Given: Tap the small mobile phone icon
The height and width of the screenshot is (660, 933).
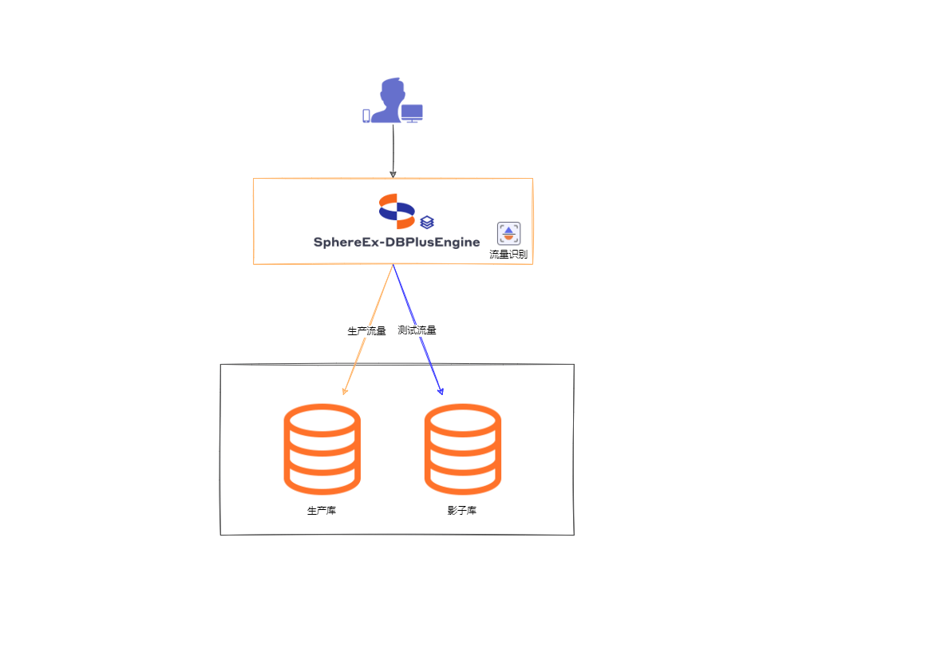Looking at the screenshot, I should (366, 116).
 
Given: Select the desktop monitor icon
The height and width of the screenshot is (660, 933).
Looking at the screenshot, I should (412, 113).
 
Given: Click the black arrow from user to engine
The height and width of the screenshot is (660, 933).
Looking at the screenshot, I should (393, 152).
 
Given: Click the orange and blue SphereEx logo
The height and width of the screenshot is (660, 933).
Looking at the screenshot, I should (397, 211).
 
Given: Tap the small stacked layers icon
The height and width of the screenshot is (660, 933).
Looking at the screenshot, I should (427, 222).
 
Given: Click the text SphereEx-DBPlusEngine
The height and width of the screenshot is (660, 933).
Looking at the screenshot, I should (397, 242).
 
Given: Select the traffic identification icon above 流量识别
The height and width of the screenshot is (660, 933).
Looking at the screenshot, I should (508, 233).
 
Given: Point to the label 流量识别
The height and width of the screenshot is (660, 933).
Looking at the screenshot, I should (508, 255).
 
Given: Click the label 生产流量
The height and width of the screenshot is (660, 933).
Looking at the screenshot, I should (366, 330).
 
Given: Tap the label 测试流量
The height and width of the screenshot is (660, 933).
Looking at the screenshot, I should (417, 330).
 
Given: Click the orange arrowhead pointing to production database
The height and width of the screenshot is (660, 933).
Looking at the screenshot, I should (345, 390).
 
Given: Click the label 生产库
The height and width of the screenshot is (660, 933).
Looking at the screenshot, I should (322, 511).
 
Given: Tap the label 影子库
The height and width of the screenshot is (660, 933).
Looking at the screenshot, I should (462, 511).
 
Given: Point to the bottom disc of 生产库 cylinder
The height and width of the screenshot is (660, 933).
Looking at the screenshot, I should (322, 478).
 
